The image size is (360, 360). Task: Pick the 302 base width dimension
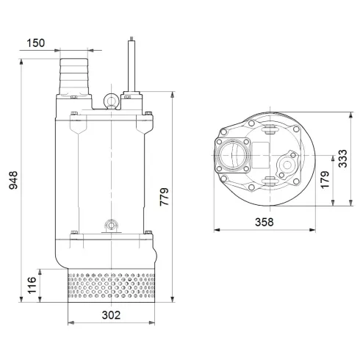tap(109, 314)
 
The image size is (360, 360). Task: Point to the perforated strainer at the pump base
tap(111, 286)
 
